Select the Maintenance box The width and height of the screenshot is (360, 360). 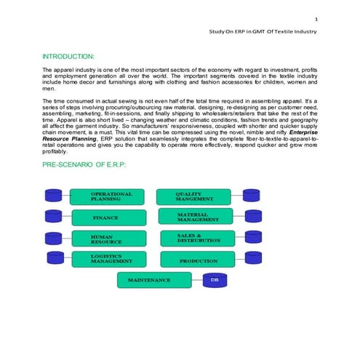tap(154, 280)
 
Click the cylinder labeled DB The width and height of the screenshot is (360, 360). tap(214, 280)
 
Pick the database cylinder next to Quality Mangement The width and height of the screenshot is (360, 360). tap(252, 196)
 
